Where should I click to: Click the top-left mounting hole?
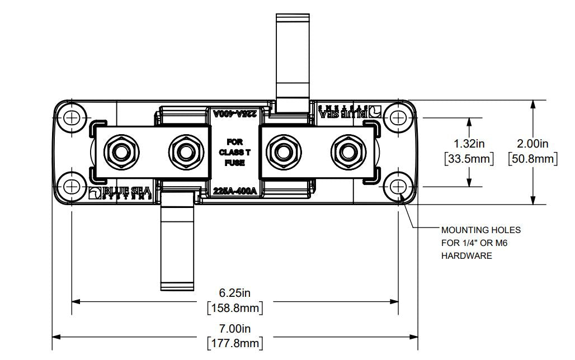[x=72, y=118]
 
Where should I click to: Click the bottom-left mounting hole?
[x=72, y=186]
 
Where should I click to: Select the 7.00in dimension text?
[x=234, y=328]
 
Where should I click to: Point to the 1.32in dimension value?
[x=469, y=144]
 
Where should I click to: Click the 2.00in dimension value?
[x=533, y=144]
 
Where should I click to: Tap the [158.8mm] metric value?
[x=234, y=308]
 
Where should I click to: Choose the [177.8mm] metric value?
[x=234, y=343]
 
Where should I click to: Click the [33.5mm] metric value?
[x=469, y=159]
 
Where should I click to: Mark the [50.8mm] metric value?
[x=533, y=159]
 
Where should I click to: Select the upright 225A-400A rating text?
[x=235, y=191]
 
